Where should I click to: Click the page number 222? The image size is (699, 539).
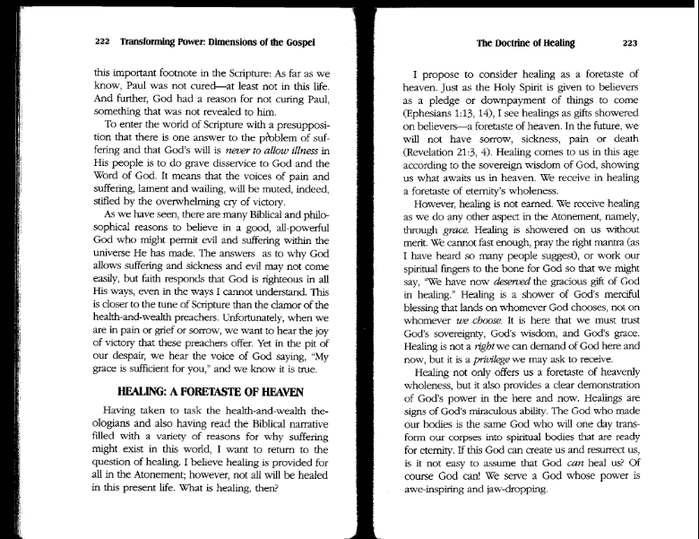coord(102,41)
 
